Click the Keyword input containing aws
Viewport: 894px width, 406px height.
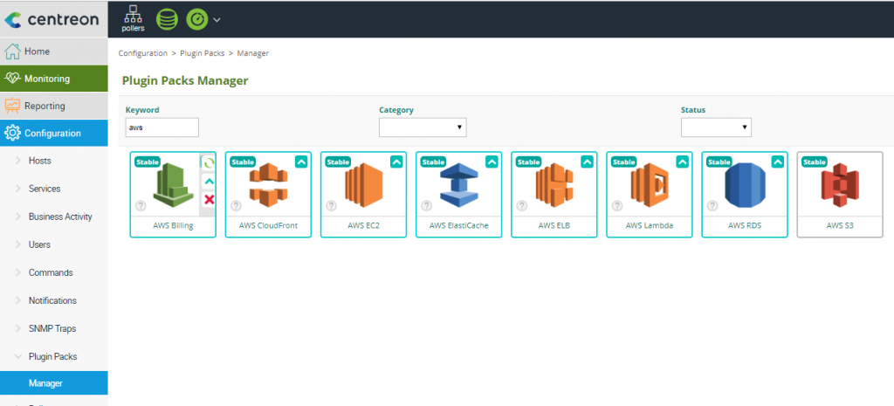(162, 127)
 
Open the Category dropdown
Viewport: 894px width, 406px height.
(423, 127)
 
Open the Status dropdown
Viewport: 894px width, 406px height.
(716, 127)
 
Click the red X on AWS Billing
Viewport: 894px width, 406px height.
(210, 200)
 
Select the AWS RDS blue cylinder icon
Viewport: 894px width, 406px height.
(745, 185)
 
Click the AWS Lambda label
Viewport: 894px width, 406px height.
(650, 225)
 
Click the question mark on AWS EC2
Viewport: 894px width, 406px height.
(331, 206)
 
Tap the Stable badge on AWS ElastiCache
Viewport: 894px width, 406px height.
(433, 162)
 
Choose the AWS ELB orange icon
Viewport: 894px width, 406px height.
(554, 185)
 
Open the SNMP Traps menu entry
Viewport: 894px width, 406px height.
(52, 328)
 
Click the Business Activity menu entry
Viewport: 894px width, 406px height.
(60, 217)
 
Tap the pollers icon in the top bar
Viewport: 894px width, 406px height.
(133, 19)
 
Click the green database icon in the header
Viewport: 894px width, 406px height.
(167, 19)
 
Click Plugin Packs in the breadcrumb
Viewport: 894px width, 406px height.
(202, 53)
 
